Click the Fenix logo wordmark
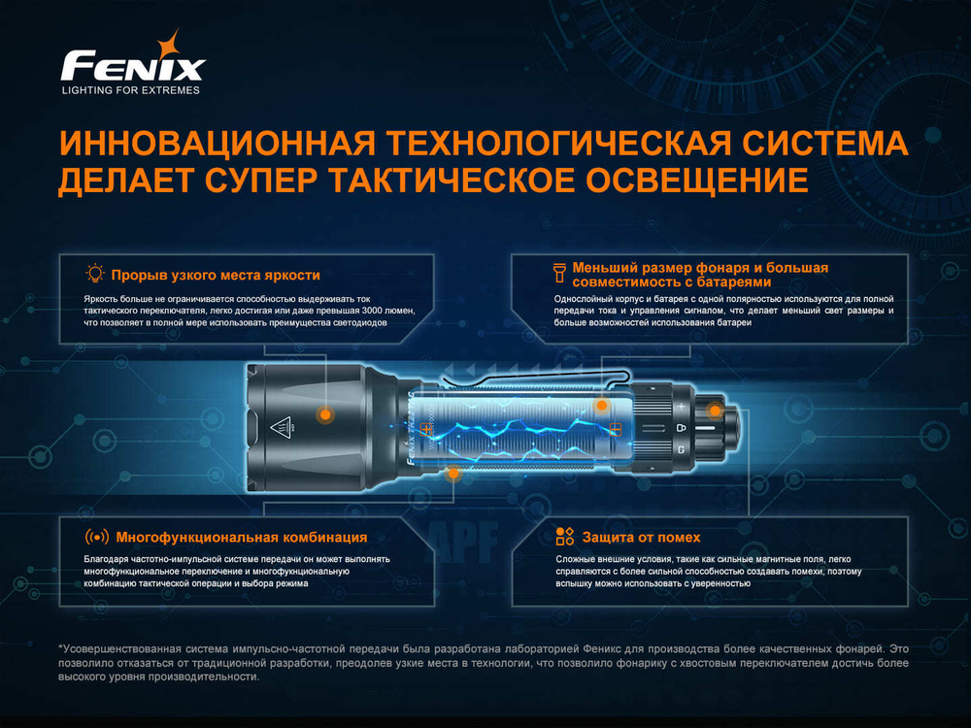pyautogui.click(x=132, y=66)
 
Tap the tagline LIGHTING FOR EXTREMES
pyautogui.click(x=130, y=90)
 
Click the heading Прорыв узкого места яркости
pyautogui.click(x=215, y=275)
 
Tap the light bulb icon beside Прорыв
pyautogui.click(x=95, y=274)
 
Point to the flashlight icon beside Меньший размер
pyautogui.click(x=559, y=269)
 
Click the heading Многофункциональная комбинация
pyautogui.click(x=240, y=537)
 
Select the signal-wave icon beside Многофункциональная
pyautogui.click(x=97, y=537)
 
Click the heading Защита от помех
pyautogui.click(x=640, y=537)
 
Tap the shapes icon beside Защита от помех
pyautogui.click(x=564, y=537)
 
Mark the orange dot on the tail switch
pyautogui.click(x=715, y=410)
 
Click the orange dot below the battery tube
pyautogui.click(x=452, y=473)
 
